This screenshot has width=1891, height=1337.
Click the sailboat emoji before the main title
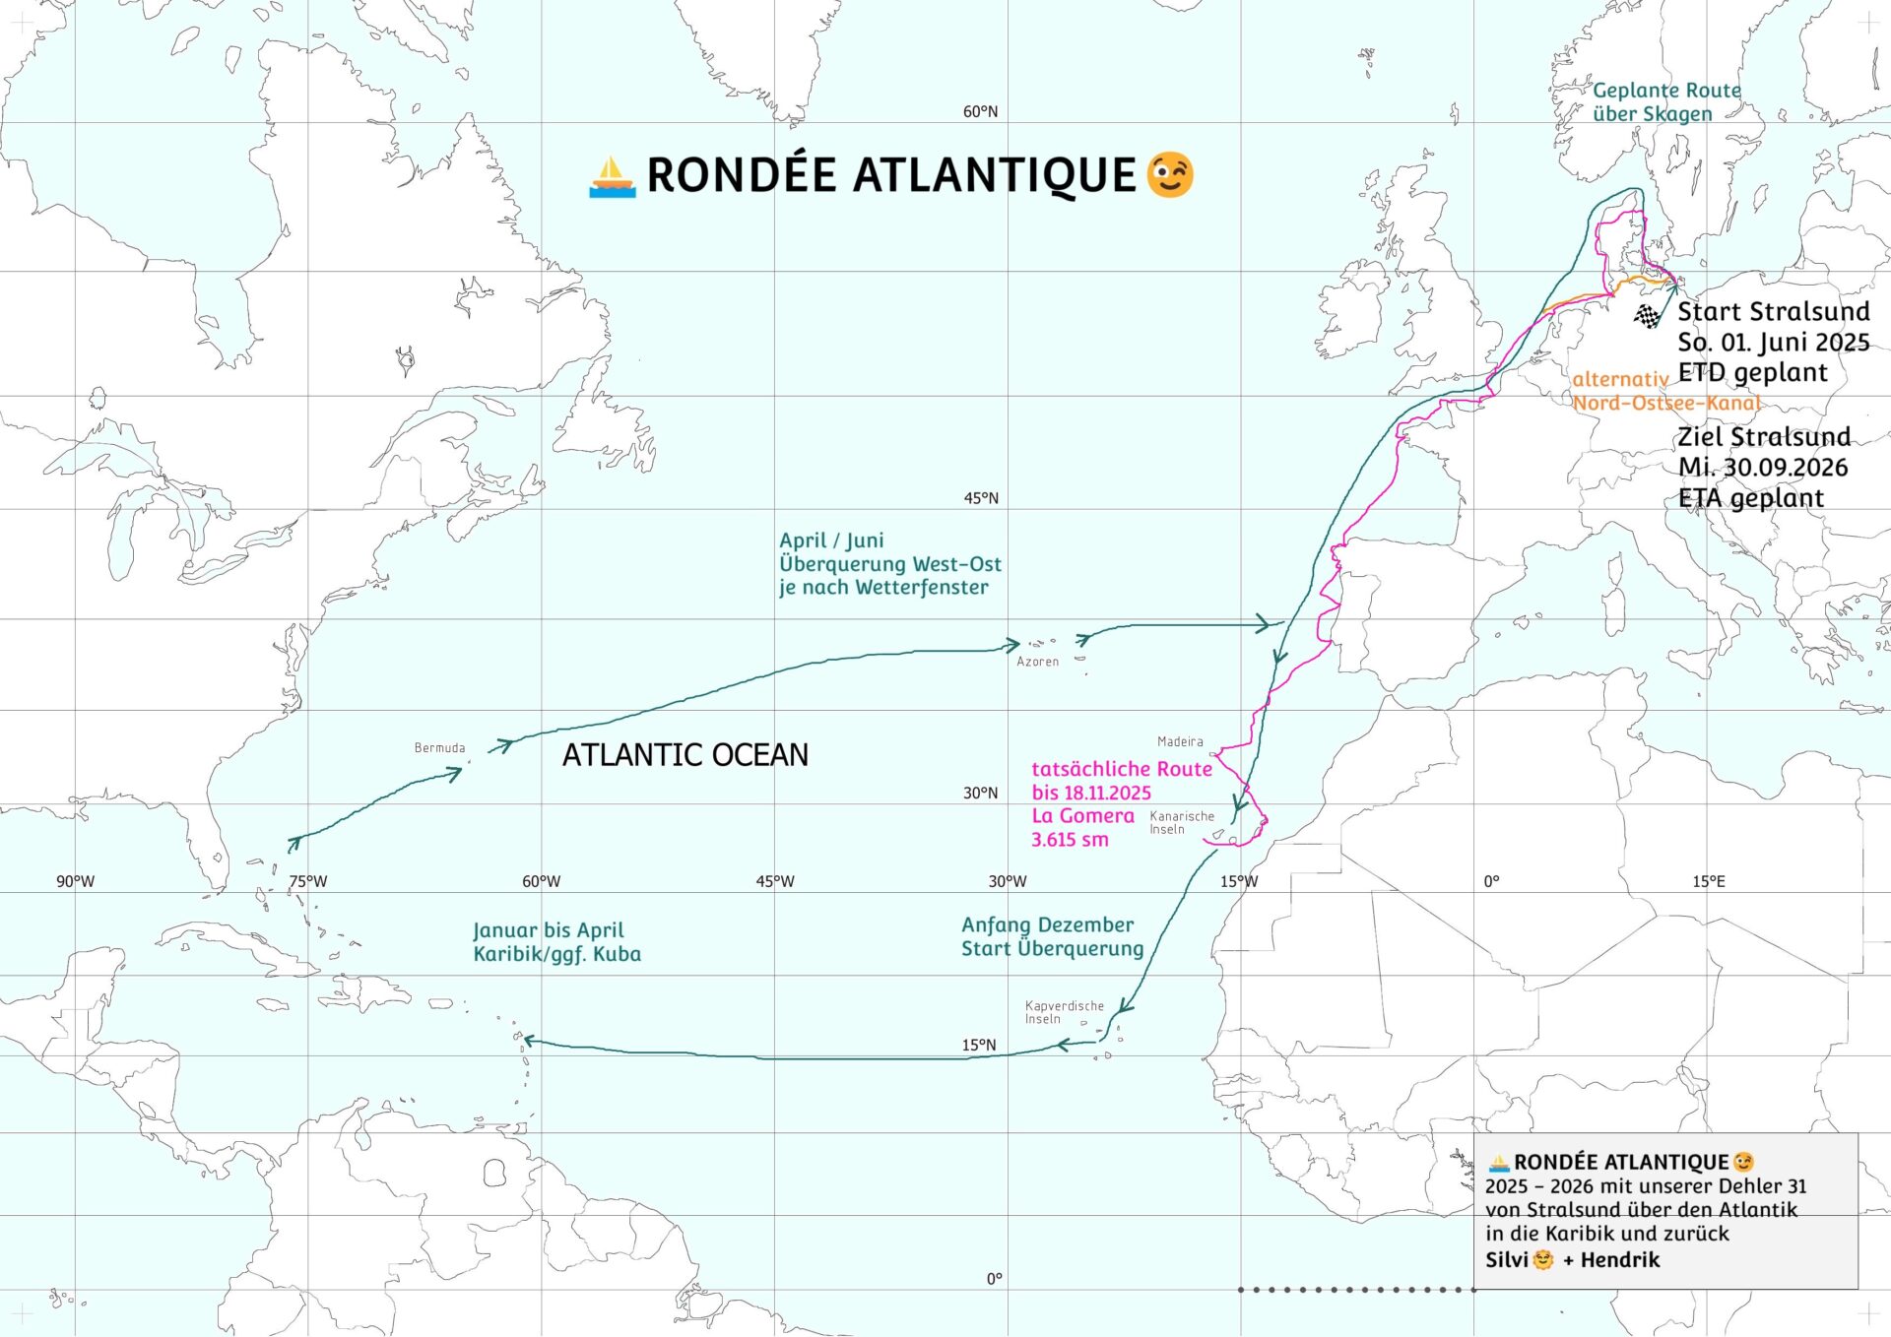coord(612,177)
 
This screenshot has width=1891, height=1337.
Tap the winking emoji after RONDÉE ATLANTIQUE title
coord(1170,175)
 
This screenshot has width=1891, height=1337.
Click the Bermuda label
coord(439,748)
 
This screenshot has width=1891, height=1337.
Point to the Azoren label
coord(1037,662)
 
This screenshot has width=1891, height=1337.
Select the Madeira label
coord(1180,741)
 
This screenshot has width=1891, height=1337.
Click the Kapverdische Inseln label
coord(1064,1012)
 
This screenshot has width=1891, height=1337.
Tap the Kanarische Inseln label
coord(1181,822)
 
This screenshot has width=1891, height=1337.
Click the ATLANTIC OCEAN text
coord(685,755)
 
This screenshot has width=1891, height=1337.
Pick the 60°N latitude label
coord(980,112)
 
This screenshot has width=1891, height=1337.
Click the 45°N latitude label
coord(980,498)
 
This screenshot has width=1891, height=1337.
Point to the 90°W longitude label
coord(75,881)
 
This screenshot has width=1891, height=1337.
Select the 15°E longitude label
coord(1709,881)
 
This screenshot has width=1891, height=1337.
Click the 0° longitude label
coord(1491,881)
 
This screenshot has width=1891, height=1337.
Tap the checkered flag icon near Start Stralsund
coord(1647,316)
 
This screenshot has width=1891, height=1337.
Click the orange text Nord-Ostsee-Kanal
coord(1665,403)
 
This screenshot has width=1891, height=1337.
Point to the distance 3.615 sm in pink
coord(1070,840)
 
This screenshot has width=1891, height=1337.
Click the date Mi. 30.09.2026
coord(1763,468)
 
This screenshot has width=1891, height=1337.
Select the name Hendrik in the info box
coord(1620,1260)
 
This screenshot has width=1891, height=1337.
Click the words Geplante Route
coord(1666,91)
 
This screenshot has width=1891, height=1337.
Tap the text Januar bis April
coord(548,930)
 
